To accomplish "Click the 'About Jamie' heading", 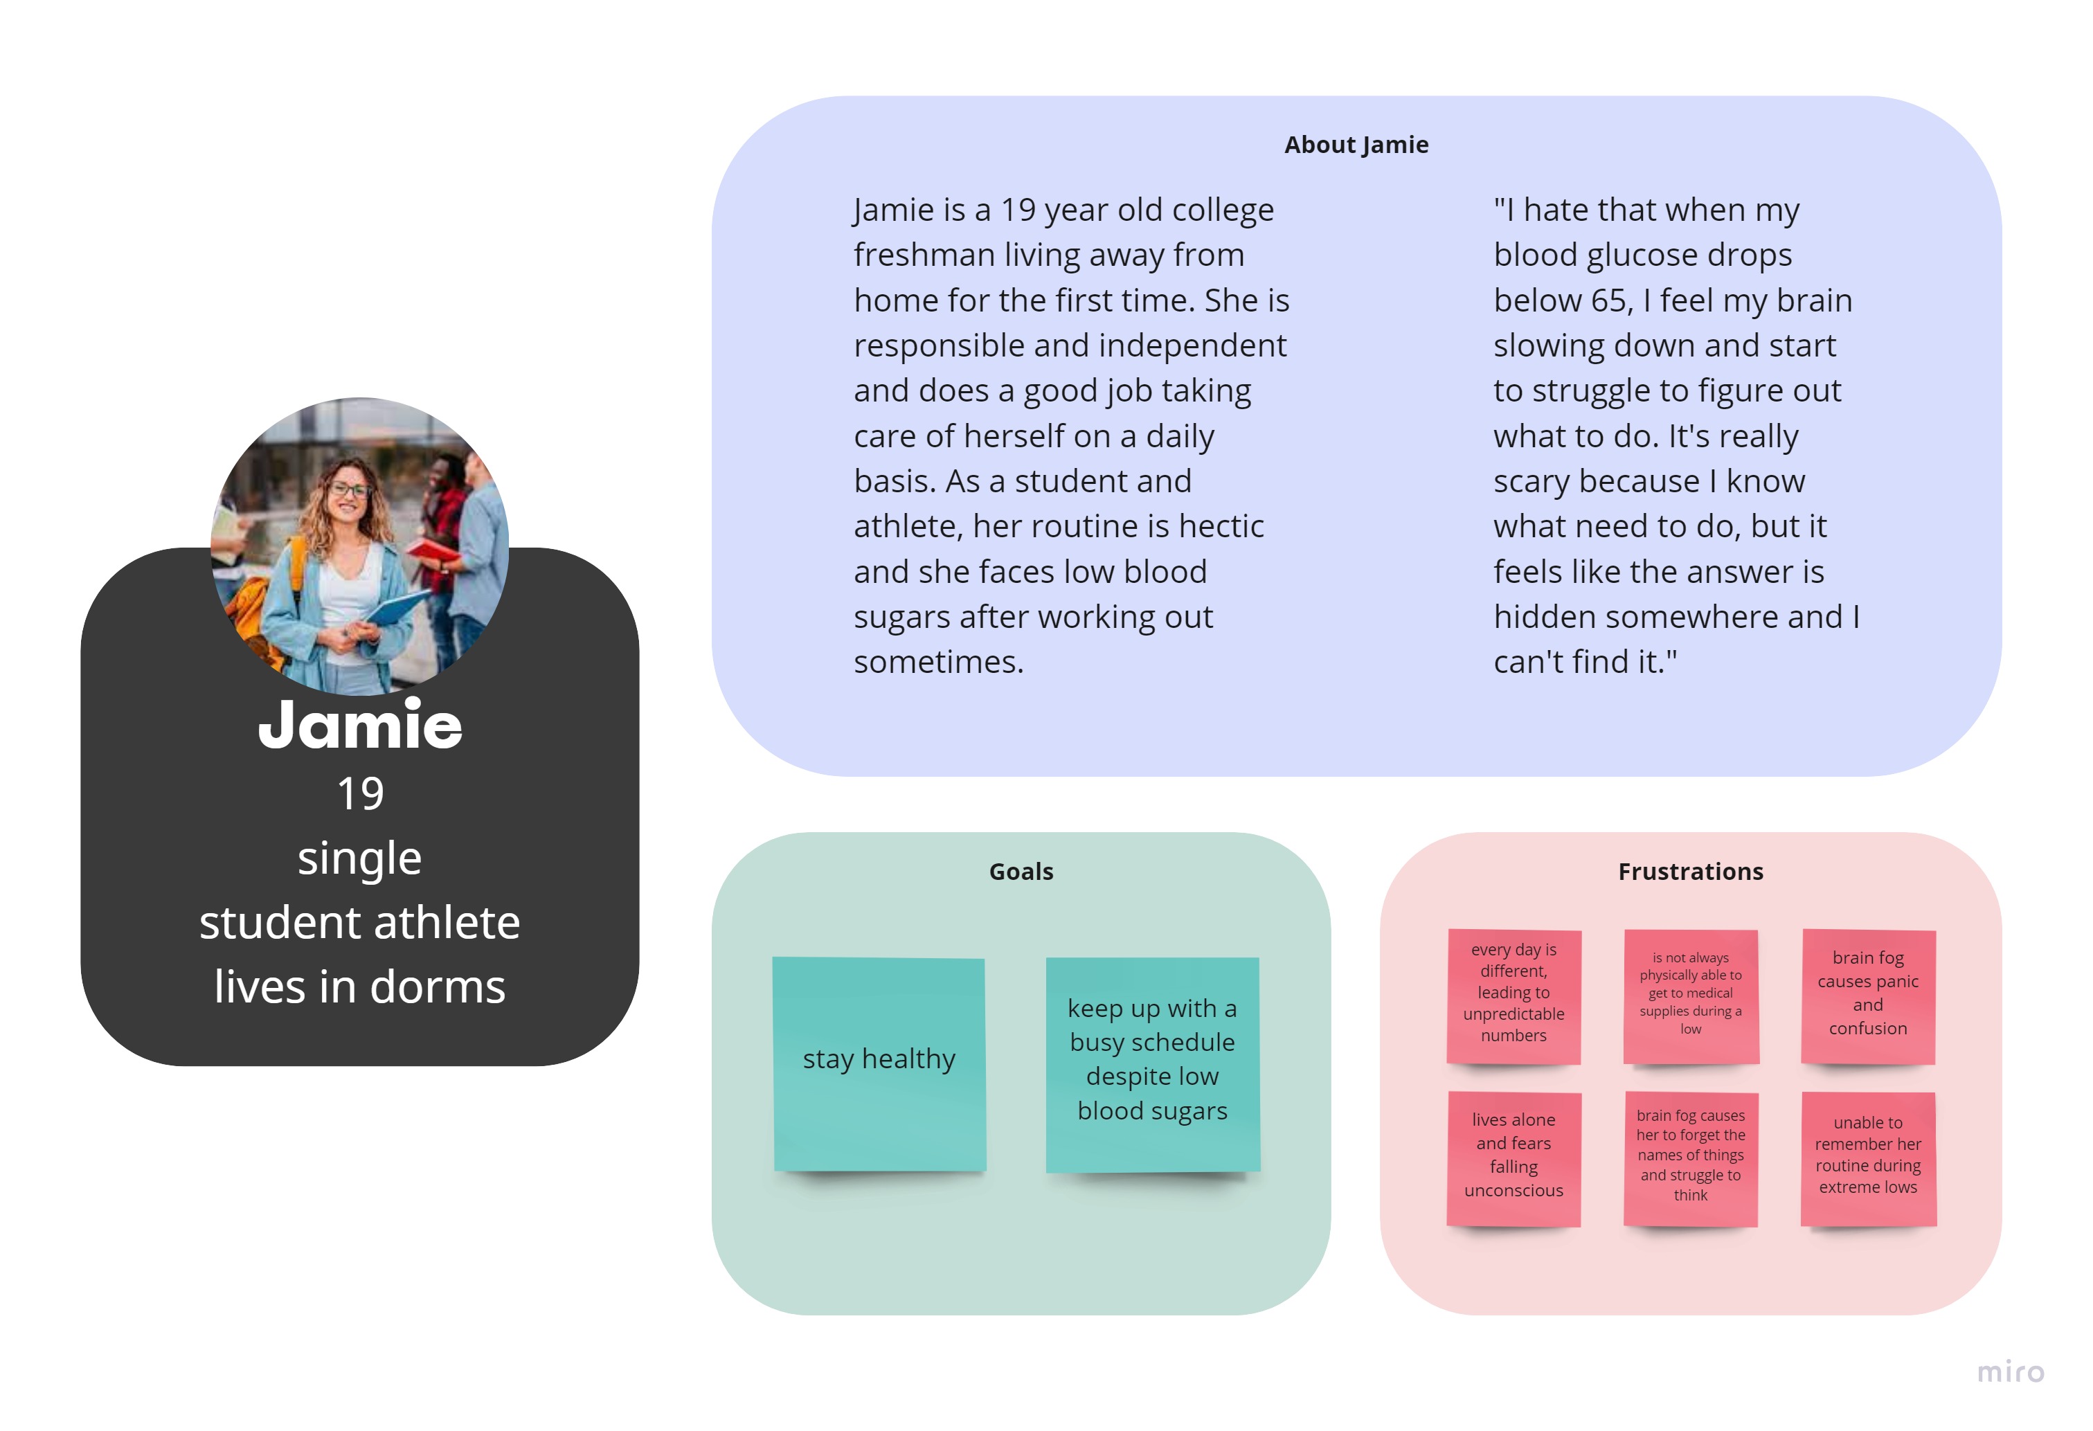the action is [x=1356, y=145].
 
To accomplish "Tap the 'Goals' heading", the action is [x=1021, y=871].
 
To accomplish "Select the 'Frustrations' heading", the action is [x=1691, y=871].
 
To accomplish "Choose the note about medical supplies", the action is [x=1691, y=996].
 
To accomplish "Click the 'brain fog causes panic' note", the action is [x=1868, y=996].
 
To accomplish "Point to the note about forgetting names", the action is [x=1691, y=1158].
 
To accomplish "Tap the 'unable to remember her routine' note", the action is [x=1868, y=1158].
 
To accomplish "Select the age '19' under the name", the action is [x=360, y=794].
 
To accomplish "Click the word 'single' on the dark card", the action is [x=360, y=858].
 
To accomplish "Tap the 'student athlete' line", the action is [x=360, y=922].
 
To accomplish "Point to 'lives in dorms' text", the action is [x=360, y=987].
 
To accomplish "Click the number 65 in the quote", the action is [x=1608, y=300].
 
